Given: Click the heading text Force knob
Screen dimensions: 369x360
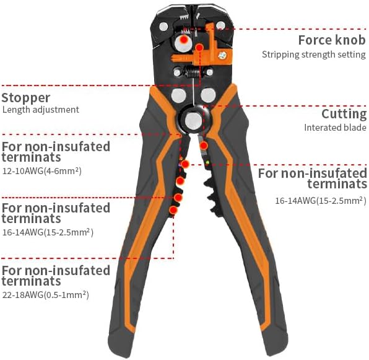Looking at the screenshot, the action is pyautogui.click(x=332, y=40).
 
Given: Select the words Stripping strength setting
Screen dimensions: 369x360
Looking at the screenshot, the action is pyautogui.click(x=314, y=55).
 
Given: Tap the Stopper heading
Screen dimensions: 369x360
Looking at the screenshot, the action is pyautogui.click(x=26, y=98).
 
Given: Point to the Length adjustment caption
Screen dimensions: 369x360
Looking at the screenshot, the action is pyautogui.click(x=41, y=110).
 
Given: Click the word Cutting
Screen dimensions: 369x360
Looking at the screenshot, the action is pyautogui.click(x=344, y=115).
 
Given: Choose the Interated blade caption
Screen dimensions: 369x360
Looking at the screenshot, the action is pyautogui.click(x=335, y=128).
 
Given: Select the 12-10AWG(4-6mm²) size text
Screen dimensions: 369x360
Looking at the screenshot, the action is pyautogui.click(x=42, y=170).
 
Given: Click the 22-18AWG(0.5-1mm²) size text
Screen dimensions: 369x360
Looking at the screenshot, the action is pyautogui.click(x=46, y=294).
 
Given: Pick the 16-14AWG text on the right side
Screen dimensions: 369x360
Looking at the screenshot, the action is pyautogui.click(x=321, y=201).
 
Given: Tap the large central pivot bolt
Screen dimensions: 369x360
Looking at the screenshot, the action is pyautogui.click(x=193, y=121).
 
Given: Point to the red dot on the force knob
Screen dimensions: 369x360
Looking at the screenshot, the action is pyautogui.click(x=184, y=40).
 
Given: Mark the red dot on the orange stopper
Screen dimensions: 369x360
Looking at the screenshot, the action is pyautogui.click(x=199, y=48).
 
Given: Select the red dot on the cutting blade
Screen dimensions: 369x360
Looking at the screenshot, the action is pyautogui.click(x=204, y=146).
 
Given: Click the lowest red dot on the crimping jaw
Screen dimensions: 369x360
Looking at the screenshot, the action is pyautogui.click(x=173, y=210).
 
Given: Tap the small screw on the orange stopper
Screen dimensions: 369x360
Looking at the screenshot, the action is pyautogui.click(x=222, y=56).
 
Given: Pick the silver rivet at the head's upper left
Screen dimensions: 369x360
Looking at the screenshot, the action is pyautogui.click(x=163, y=26).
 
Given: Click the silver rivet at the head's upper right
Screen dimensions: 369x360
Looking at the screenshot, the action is pyautogui.click(x=221, y=25).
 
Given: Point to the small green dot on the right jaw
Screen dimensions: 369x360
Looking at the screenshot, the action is pyautogui.click(x=207, y=162).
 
